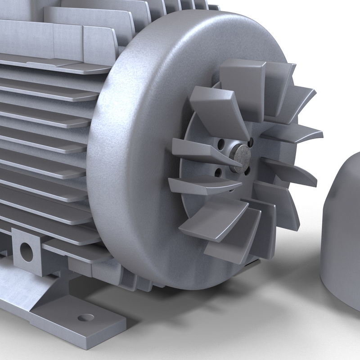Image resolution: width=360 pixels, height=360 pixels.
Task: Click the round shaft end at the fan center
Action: click(242, 157)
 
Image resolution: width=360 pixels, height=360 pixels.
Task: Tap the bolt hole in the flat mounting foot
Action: click(85, 318)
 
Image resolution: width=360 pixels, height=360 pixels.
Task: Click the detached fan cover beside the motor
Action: click(344, 234)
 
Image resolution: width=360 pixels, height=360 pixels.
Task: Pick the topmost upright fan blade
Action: click(243, 85)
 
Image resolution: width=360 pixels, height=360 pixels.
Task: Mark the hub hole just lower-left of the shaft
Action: click(218, 172)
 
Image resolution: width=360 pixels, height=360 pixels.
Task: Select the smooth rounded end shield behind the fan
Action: click(135, 135)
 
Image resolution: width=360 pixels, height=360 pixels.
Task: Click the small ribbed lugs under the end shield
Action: click(130, 277)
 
